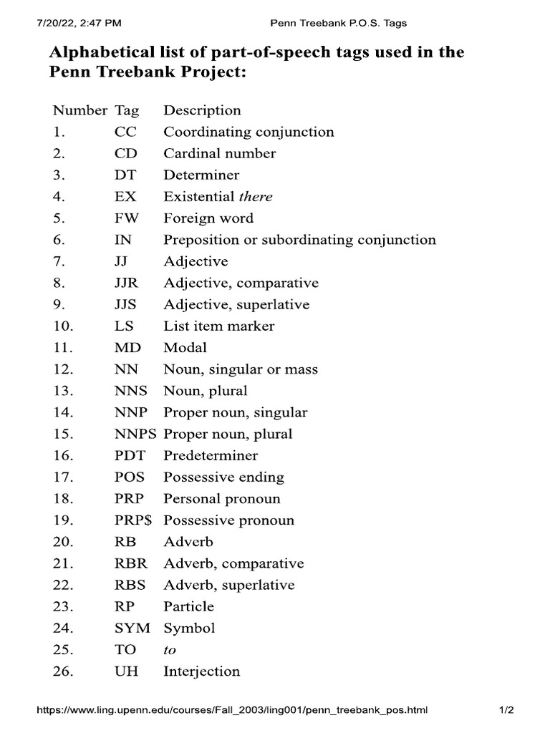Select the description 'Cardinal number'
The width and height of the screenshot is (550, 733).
219,153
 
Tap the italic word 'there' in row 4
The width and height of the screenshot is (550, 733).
256,196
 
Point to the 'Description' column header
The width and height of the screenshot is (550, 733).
202,110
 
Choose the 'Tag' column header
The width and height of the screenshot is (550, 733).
127,110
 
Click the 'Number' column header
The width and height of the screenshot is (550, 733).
79,110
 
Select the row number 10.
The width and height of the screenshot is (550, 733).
63,326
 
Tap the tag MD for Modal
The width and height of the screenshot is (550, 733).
127,347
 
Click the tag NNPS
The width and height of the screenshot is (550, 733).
135,434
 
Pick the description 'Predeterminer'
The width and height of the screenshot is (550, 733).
211,455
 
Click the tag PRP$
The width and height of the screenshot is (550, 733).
134,520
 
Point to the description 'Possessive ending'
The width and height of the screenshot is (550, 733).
223,477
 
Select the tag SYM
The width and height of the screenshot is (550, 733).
132,628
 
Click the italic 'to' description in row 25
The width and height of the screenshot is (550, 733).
170,650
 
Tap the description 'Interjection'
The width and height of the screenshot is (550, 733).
201,671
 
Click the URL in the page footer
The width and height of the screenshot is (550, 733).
231,711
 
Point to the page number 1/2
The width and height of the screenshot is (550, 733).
506,711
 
